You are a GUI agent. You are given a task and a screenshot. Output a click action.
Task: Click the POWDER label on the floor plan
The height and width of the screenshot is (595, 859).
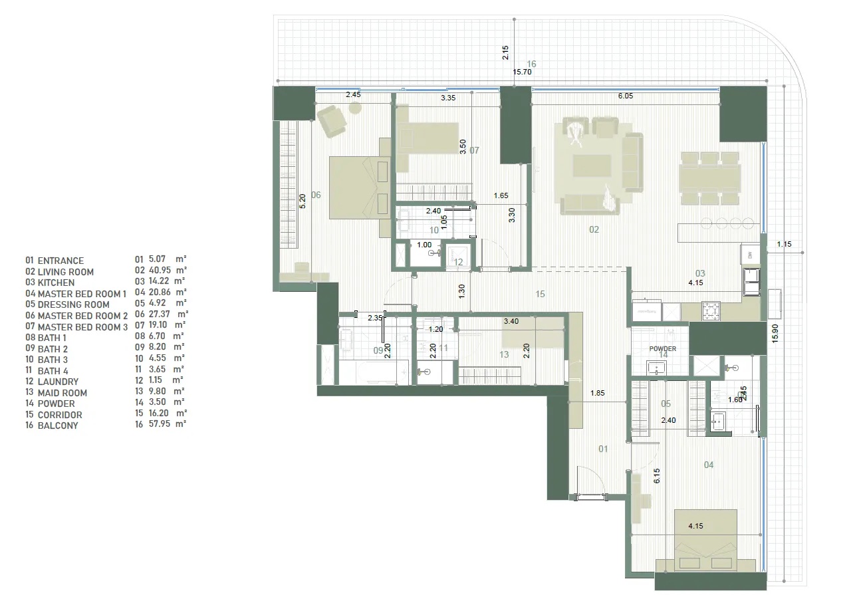[x=663, y=349]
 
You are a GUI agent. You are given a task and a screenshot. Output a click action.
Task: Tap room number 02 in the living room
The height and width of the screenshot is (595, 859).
[x=594, y=230]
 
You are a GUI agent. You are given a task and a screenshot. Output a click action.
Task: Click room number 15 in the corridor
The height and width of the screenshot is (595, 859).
[x=541, y=293]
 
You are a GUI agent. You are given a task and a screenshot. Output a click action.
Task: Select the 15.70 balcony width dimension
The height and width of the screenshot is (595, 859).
[x=521, y=72]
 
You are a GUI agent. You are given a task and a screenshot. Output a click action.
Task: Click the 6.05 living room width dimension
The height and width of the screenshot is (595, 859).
[x=626, y=96]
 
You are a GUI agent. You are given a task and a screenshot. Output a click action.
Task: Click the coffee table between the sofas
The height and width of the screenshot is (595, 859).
[x=592, y=166]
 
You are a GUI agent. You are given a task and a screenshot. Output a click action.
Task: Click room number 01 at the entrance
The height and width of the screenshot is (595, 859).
[x=603, y=449]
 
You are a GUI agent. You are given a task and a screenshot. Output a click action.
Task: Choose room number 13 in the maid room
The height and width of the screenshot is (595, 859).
[x=504, y=355]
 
